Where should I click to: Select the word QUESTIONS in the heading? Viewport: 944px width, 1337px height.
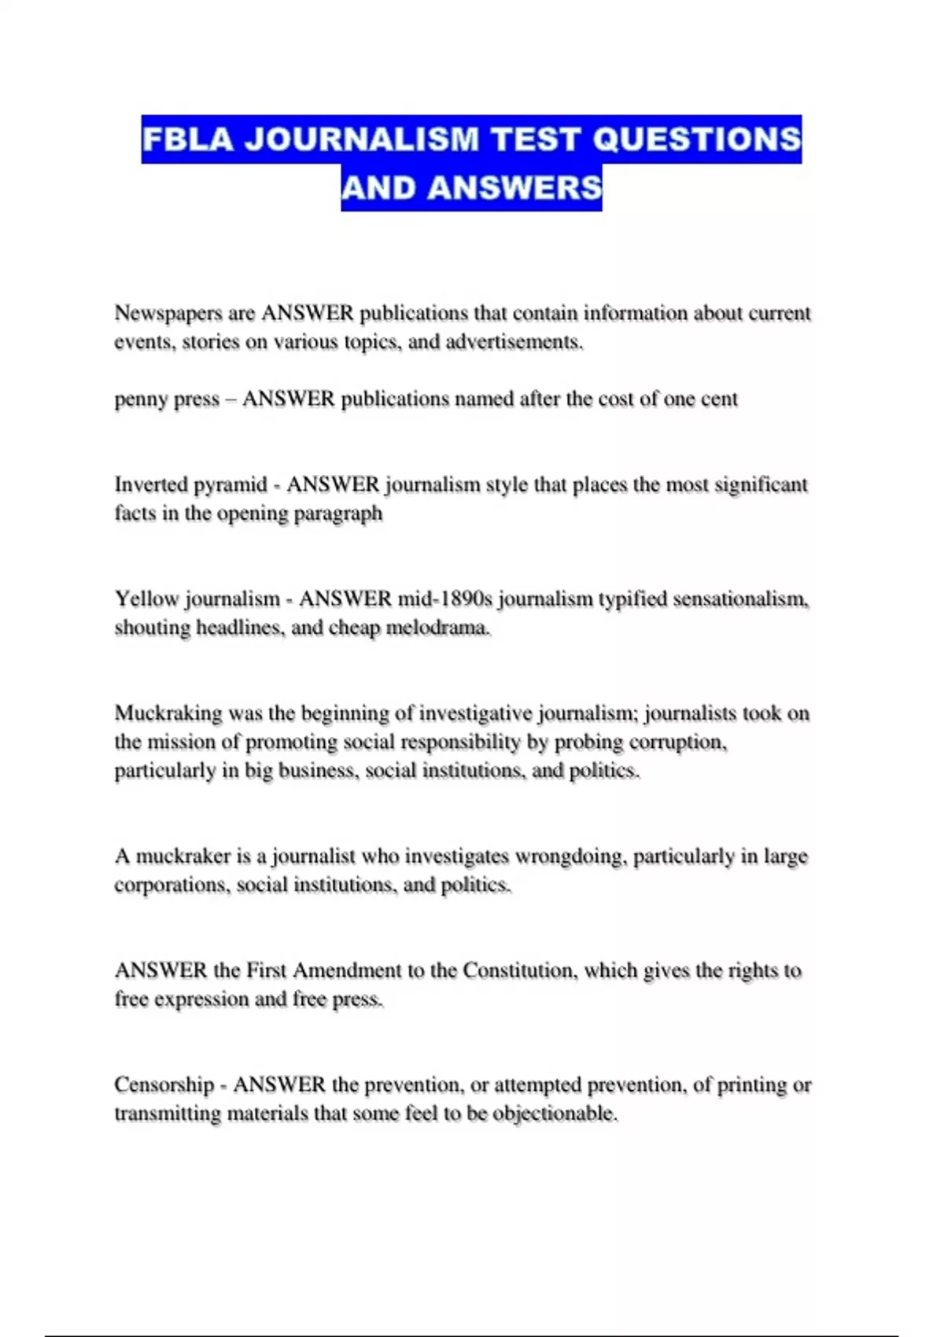[696, 140]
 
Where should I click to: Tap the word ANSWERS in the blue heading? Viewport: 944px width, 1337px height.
[515, 189]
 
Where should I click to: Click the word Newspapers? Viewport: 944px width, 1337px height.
[168, 313]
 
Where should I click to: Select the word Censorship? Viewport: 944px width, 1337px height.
[164, 1085]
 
